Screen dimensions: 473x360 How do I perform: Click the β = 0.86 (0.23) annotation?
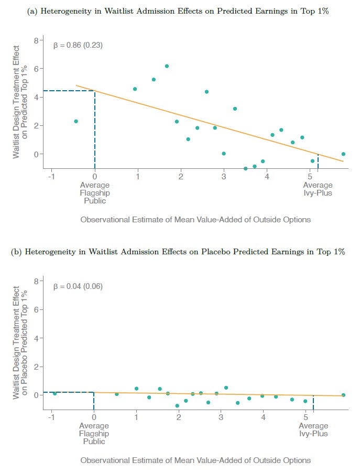tap(78, 45)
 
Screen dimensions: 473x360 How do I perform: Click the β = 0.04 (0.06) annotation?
tap(78, 286)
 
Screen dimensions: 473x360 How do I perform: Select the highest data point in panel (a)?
tap(167, 66)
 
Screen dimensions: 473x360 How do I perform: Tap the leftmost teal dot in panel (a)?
tap(76, 121)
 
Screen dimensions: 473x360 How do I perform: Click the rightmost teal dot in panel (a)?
tap(343, 154)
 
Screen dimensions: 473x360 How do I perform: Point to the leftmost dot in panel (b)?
tap(54, 393)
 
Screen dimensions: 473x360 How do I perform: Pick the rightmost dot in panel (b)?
tap(343, 395)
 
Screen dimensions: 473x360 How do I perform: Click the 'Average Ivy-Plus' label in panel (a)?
tap(318, 189)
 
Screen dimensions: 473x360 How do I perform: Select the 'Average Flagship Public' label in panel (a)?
tap(94, 192)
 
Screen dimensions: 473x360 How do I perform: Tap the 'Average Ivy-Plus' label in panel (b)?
tap(313, 429)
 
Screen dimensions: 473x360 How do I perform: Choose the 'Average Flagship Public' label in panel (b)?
tap(94, 434)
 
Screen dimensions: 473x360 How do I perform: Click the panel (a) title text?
tap(178, 11)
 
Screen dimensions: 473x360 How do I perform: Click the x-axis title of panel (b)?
tap(195, 460)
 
